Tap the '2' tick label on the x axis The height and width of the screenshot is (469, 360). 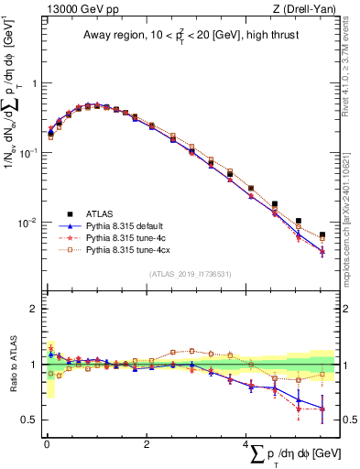click(x=146, y=442)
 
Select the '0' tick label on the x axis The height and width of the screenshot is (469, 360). click(x=46, y=442)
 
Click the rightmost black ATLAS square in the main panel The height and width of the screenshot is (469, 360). click(x=322, y=235)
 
